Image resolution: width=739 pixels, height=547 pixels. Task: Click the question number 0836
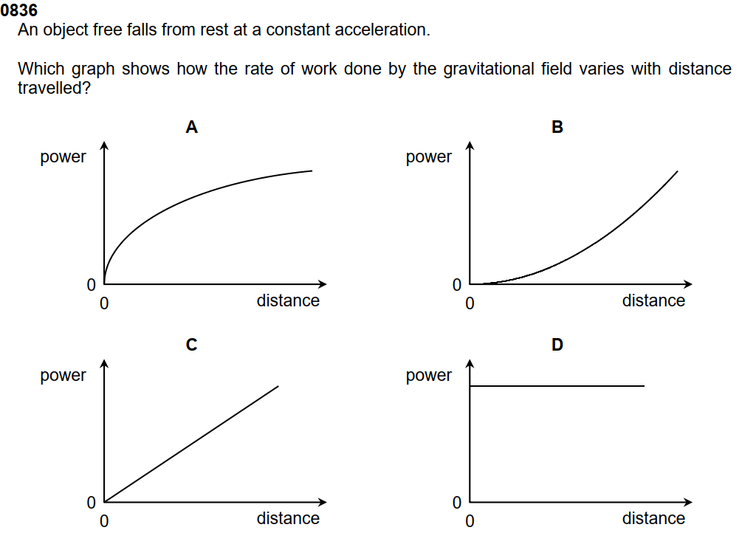click(x=19, y=11)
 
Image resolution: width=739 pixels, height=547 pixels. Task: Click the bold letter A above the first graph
click(x=191, y=128)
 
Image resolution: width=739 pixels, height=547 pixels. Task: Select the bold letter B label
click(x=557, y=128)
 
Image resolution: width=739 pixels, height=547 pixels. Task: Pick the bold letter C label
click(x=191, y=345)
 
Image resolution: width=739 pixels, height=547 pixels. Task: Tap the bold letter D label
click(x=557, y=345)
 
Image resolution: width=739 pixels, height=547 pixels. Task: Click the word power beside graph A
click(x=63, y=157)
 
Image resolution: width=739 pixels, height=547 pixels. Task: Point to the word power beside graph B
click(x=429, y=157)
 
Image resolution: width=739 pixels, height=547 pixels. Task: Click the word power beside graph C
click(x=63, y=376)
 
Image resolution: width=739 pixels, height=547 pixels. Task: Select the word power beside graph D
click(x=429, y=376)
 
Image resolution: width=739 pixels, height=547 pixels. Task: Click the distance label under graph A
click(x=288, y=300)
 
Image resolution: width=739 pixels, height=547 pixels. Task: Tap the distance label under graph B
click(x=653, y=300)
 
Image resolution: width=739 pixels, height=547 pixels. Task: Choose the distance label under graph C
click(x=288, y=518)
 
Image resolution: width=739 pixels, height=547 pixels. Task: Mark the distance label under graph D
click(x=653, y=518)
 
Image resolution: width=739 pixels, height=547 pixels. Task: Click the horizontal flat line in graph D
click(x=557, y=386)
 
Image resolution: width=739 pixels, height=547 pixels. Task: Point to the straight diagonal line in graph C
click(x=192, y=443)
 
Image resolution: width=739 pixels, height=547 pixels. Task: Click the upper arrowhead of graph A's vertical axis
click(x=104, y=145)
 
